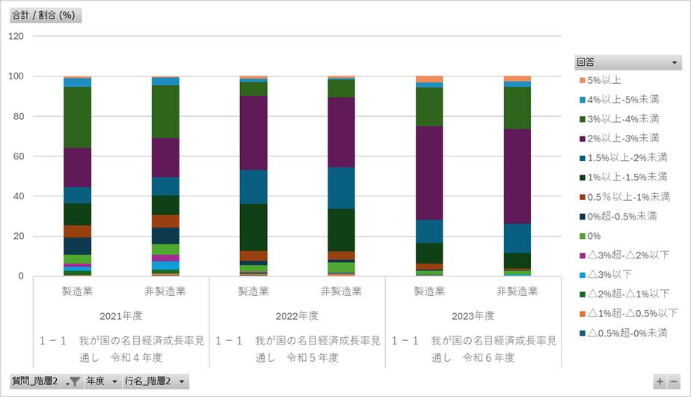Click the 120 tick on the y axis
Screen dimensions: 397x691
(16, 36)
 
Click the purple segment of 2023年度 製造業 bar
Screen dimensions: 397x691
(429, 172)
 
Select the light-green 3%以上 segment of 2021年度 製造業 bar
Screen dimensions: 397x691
(77, 117)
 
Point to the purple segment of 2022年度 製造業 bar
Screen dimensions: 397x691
(253, 133)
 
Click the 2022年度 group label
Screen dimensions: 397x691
(297, 315)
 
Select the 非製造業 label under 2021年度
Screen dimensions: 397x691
(165, 291)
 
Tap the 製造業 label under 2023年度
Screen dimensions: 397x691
(429, 291)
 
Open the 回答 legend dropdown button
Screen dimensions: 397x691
(675, 62)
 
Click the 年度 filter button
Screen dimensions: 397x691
(102, 381)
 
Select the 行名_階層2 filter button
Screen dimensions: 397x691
(155, 381)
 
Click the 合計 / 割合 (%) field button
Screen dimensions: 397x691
(44, 16)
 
